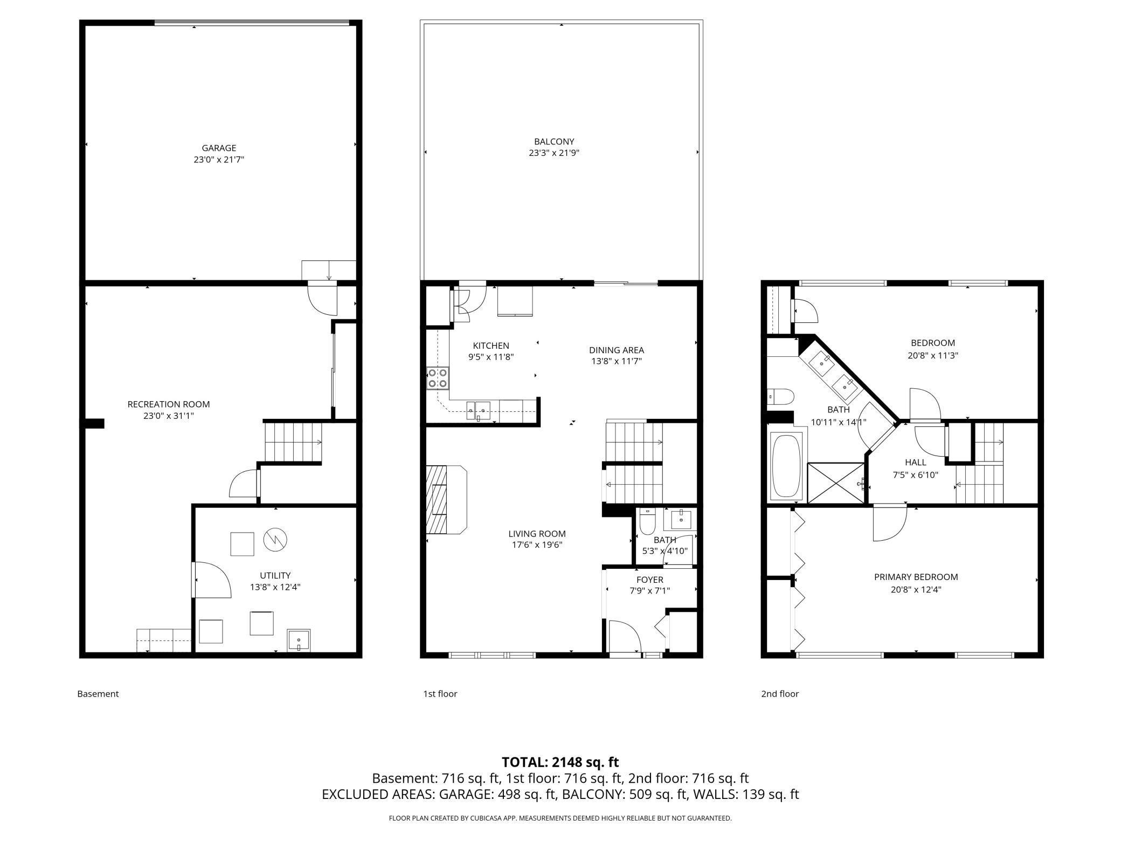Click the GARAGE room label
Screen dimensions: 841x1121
(x=219, y=148)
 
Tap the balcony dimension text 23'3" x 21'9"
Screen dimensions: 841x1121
(x=553, y=153)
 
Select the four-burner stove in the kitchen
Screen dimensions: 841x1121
(x=438, y=378)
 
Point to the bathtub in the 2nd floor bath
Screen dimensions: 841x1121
(x=786, y=465)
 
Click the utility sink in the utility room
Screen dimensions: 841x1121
(x=299, y=640)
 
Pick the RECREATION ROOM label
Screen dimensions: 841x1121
(x=168, y=404)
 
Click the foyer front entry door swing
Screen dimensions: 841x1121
(x=625, y=636)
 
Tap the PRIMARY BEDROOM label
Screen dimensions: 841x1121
(x=916, y=577)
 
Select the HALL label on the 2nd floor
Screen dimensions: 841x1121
(x=916, y=462)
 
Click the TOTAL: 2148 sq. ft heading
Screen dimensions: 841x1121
(x=560, y=762)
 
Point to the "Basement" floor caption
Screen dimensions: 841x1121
(x=98, y=694)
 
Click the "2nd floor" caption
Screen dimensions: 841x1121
(x=779, y=694)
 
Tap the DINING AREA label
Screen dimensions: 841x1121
(x=616, y=350)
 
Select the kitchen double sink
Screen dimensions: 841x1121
(x=478, y=410)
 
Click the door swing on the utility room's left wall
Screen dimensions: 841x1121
(x=212, y=580)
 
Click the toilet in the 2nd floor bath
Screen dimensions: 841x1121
(x=780, y=397)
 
